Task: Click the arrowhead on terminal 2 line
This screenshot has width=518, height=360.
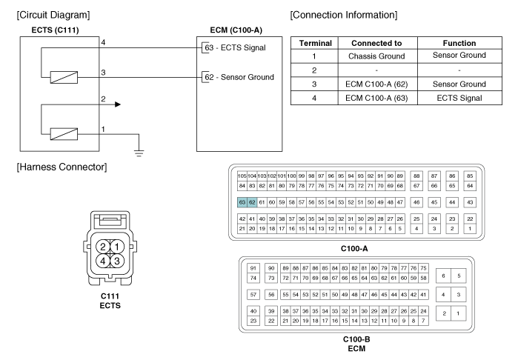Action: pyautogui.click(x=117, y=104)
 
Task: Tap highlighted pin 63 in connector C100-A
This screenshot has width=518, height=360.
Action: pyautogui.click(x=242, y=201)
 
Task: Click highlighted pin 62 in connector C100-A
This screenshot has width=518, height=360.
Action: pyautogui.click(x=253, y=201)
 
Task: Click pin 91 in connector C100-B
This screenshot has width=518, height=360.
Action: pyautogui.click(x=253, y=267)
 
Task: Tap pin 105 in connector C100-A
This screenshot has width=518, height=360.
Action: pyautogui.click(x=242, y=175)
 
